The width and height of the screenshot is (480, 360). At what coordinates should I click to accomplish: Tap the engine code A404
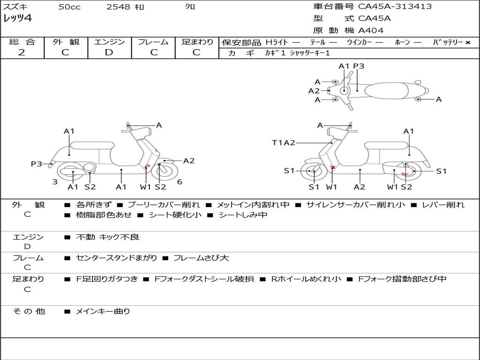click(x=371, y=30)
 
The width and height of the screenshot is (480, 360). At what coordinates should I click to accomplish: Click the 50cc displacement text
click(x=69, y=7)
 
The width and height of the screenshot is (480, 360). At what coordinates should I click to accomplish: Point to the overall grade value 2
click(x=22, y=52)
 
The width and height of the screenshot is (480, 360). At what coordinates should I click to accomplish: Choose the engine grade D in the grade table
click(x=109, y=52)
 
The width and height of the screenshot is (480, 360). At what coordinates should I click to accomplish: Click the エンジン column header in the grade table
click(x=109, y=42)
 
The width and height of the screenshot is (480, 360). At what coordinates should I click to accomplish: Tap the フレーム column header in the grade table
click(x=153, y=42)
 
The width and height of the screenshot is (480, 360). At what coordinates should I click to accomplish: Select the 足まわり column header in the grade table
click(x=197, y=42)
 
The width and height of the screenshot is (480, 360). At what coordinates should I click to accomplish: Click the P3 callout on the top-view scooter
click(x=359, y=66)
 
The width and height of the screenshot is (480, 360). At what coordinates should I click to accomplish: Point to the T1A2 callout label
click(x=284, y=142)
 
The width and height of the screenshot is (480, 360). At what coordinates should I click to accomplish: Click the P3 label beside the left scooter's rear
click(x=37, y=164)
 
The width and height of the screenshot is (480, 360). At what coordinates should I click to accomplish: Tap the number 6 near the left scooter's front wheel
click(x=180, y=182)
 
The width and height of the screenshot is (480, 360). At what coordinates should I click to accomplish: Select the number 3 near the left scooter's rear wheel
click(x=55, y=182)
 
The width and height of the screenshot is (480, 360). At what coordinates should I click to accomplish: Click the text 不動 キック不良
click(x=108, y=237)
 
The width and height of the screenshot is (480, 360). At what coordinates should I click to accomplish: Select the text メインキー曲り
click(x=103, y=311)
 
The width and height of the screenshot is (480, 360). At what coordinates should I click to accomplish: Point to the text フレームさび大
click(x=201, y=258)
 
